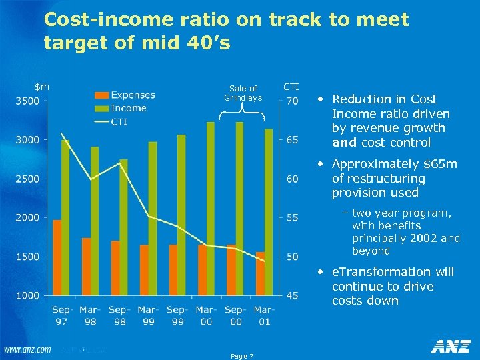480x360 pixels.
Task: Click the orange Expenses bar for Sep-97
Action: coord(57,257)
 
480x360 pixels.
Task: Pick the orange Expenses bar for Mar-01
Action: coord(260,273)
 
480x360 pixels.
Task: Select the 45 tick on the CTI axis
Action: coord(292,296)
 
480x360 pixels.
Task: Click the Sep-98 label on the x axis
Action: coord(119,315)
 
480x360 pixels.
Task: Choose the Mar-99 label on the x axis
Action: coord(148,315)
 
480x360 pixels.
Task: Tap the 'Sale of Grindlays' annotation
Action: coord(243,93)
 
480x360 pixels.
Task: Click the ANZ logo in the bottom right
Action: coord(450,347)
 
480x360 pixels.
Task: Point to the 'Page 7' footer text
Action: coord(241,356)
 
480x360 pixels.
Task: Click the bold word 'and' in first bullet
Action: coord(344,143)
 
